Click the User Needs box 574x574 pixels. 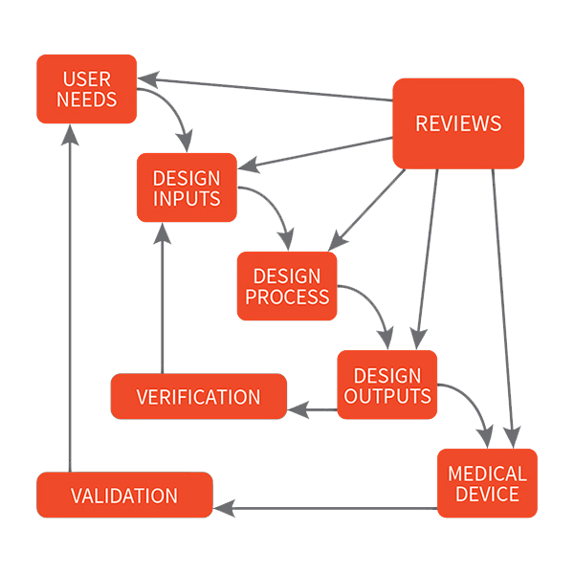click(86, 89)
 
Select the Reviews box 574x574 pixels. click(458, 123)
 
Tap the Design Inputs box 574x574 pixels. click(187, 188)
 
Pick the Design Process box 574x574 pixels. click(287, 286)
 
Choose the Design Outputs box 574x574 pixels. click(387, 385)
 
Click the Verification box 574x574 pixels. click(198, 397)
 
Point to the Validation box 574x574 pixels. click(124, 496)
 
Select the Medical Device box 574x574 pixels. click(487, 484)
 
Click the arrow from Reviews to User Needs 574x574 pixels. click(268, 90)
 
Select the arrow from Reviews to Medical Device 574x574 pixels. click(504, 306)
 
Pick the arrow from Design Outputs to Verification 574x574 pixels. click(313, 409)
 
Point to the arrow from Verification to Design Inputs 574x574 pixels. click(163, 297)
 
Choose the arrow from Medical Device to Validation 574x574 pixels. click(325, 508)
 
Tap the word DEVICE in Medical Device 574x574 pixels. click(487, 495)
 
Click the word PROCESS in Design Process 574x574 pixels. click(287, 297)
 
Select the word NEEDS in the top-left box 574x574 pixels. click(86, 99)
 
